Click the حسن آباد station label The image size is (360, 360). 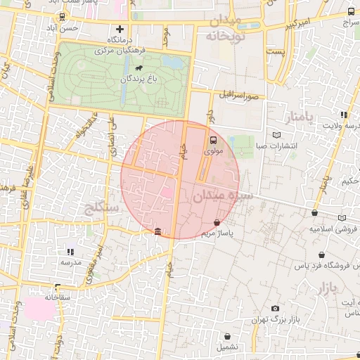click(x=79, y=28)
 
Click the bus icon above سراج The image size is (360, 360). click(x=351, y=13)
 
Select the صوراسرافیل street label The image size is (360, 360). click(x=240, y=94)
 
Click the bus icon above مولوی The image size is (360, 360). click(x=213, y=139)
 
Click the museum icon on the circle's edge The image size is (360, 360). click(x=157, y=231)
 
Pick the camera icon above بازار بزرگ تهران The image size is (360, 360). click(x=275, y=309)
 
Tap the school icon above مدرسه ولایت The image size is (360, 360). click(x=343, y=115)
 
